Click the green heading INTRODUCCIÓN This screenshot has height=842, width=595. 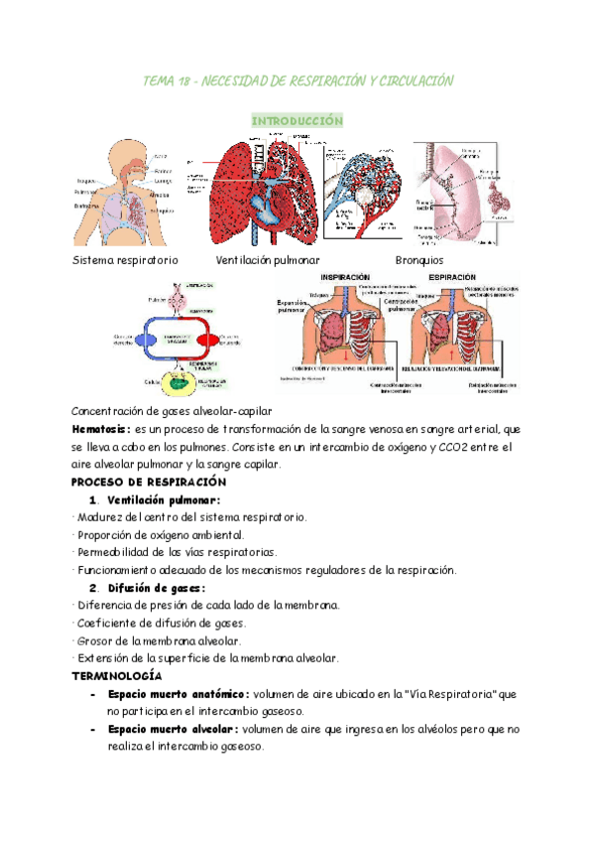pyautogui.click(x=297, y=120)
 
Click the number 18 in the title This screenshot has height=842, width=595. pyautogui.click(x=184, y=80)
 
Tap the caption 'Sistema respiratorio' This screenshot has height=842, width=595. pyautogui.click(x=125, y=259)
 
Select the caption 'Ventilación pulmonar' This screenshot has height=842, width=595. pyautogui.click(x=268, y=259)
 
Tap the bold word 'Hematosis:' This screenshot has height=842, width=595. pyautogui.click(x=101, y=429)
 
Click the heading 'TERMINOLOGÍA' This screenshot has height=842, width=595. pyautogui.click(x=117, y=675)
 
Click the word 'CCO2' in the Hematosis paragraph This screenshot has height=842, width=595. pyautogui.click(x=431, y=447)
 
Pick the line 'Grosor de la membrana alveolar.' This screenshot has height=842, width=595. pyautogui.click(x=147, y=640)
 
